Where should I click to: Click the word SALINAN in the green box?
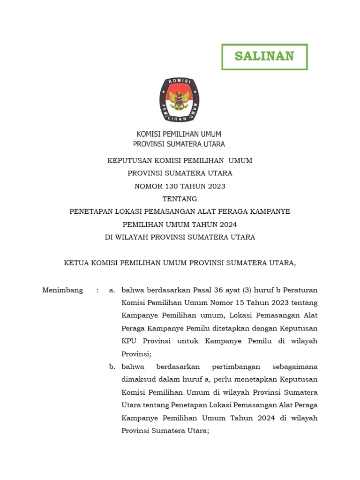point(264,56)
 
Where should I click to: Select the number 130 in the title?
point(167,186)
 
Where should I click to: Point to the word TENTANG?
point(180,199)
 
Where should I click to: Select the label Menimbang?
point(63,290)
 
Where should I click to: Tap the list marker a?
point(112,290)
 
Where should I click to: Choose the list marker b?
point(112,366)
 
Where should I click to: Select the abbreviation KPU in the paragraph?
point(129,341)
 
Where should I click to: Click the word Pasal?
point(194,290)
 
